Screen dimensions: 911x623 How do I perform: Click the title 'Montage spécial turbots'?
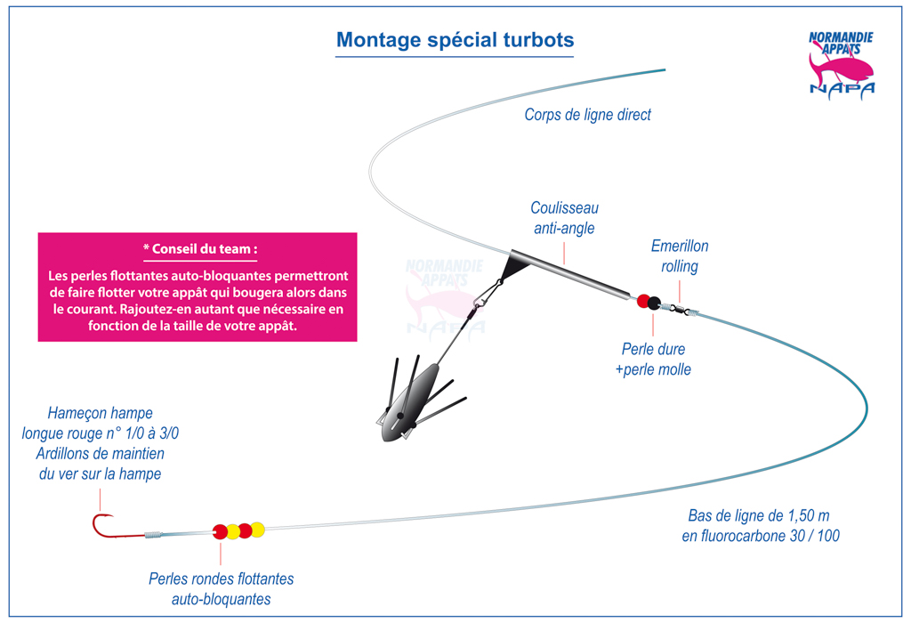pos(455,40)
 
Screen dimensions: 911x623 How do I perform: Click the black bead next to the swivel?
pos(654,303)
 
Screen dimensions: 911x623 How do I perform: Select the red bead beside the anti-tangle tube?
pos(642,301)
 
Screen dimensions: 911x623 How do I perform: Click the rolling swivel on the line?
pos(680,310)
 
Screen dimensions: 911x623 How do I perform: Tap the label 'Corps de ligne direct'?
pos(587,115)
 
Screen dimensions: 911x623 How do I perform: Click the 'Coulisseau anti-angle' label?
pos(564,218)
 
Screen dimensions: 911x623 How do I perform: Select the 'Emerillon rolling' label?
pos(680,255)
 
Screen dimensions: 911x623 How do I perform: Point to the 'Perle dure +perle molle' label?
pos(653,360)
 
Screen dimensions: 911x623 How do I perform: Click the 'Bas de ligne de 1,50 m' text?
pos(759,515)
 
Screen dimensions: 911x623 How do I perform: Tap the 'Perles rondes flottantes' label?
pos(222,578)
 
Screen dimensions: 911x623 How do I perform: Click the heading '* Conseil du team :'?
pos(200,248)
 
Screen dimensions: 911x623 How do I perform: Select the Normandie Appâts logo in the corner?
pos(842,63)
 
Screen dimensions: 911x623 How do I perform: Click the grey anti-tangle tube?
pos(570,275)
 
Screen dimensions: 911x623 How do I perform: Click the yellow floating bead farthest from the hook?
pos(257,530)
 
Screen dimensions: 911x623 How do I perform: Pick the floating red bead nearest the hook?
pos(220,531)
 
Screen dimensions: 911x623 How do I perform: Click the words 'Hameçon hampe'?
pos(100,413)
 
